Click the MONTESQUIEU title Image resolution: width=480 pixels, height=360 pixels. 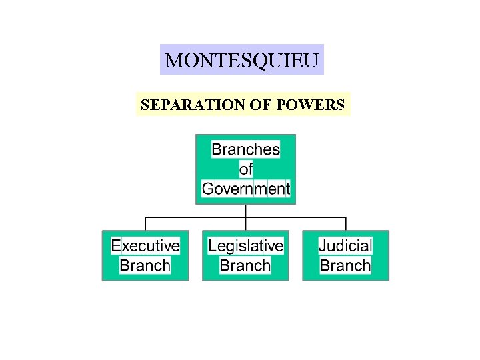click(x=242, y=61)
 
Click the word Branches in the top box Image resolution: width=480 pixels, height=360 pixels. click(x=245, y=149)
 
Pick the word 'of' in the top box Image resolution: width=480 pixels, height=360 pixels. click(x=245, y=169)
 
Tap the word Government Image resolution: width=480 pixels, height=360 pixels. click(x=245, y=189)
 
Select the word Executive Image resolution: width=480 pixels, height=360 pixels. click(x=145, y=245)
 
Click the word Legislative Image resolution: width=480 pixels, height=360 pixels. click(x=245, y=245)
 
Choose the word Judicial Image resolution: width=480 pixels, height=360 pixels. click(x=345, y=245)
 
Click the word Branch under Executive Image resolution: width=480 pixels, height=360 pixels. click(x=145, y=265)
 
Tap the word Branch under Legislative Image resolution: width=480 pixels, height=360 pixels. click(x=245, y=265)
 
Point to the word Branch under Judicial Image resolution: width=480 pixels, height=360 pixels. click(x=345, y=265)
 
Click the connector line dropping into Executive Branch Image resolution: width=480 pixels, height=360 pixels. click(x=145, y=224)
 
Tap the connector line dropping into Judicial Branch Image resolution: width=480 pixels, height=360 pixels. click(x=345, y=224)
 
